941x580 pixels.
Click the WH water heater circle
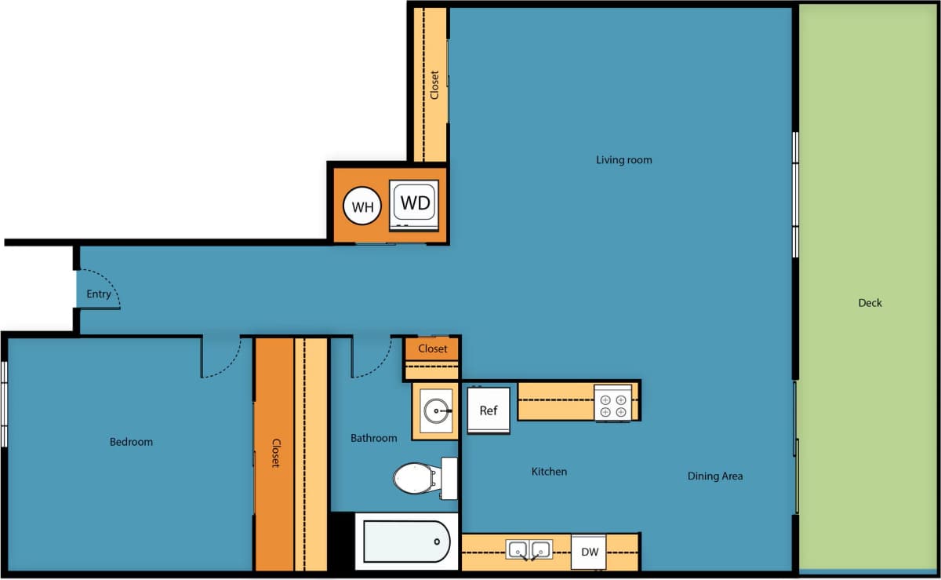click(x=362, y=207)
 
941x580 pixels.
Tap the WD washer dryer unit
click(x=415, y=204)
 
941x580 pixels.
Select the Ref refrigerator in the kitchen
click(x=488, y=410)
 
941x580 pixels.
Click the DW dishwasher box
click(x=589, y=553)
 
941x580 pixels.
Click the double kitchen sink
click(x=529, y=549)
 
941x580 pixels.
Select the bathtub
click(x=406, y=542)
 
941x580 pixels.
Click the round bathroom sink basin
click(x=436, y=409)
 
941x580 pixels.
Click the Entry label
click(x=99, y=294)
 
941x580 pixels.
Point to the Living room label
click(x=623, y=160)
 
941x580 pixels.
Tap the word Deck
click(x=870, y=303)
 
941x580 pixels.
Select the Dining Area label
click(x=714, y=476)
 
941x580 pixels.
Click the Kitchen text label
click(x=549, y=472)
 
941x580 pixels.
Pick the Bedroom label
click(x=131, y=442)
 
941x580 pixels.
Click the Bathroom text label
click(x=373, y=438)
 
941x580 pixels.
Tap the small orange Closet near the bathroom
click(x=432, y=348)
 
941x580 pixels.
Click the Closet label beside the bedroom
click(x=275, y=453)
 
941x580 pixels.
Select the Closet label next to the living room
click(x=434, y=85)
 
